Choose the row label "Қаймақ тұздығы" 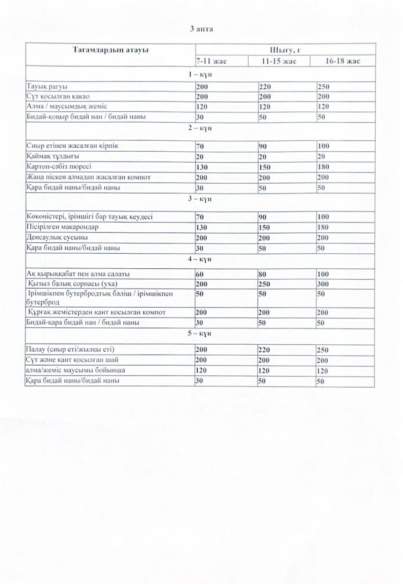53,156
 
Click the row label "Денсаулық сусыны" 57,238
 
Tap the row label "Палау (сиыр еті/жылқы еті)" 72,350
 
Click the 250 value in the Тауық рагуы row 323,86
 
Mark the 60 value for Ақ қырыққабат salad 201,273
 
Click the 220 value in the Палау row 266,350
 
